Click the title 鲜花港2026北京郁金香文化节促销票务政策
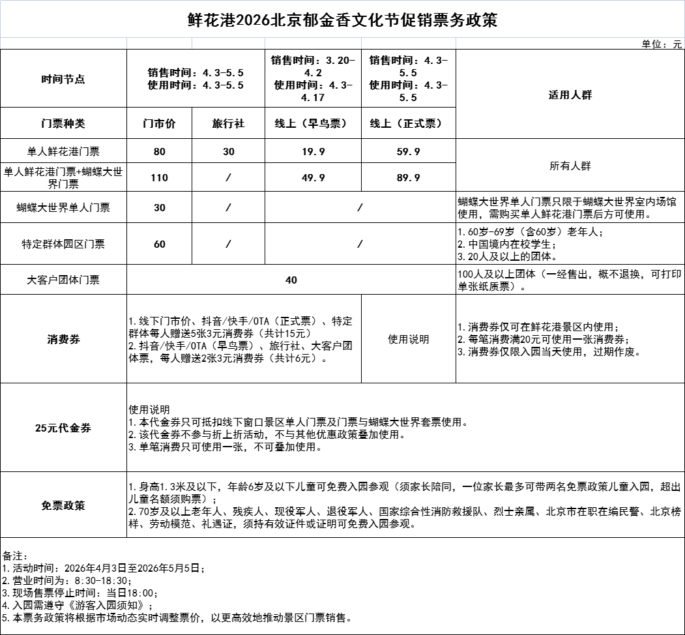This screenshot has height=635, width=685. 342,20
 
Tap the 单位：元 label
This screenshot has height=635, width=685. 662,44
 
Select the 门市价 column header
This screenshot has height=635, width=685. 160,123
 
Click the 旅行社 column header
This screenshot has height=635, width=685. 228,123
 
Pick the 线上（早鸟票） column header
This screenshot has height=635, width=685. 313,123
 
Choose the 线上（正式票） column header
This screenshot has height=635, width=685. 408,123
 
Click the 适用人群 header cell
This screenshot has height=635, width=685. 570,95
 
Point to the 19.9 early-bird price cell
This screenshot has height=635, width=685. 313,152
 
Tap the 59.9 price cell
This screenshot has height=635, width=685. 408,152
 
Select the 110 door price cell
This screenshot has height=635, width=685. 160,177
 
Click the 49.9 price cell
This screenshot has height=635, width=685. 313,177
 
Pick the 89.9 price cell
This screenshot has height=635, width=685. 408,177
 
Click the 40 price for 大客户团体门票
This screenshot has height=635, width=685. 291,280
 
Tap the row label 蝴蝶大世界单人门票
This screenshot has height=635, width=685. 63,208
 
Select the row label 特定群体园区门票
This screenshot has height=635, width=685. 63,244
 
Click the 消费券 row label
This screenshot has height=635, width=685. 63,340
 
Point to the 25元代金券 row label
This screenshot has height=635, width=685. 63,428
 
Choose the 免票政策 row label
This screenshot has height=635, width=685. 63,506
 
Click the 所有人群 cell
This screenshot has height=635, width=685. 570,166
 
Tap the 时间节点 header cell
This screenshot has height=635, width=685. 63,80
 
